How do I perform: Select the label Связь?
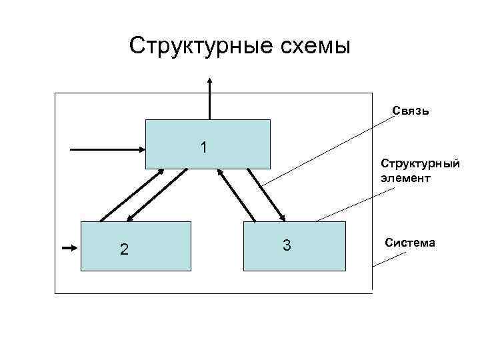(x=410, y=111)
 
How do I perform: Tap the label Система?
(x=410, y=243)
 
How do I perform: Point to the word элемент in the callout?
(x=406, y=179)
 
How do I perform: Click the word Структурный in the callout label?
(x=420, y=163)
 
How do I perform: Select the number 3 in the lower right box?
(x=286, y=245)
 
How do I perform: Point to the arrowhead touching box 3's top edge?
(x=283, y=217)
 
